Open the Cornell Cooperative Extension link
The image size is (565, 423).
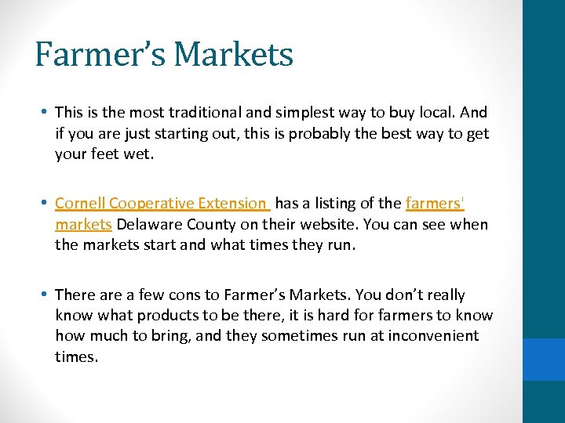click(161, 204)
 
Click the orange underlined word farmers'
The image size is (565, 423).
click(435, 204)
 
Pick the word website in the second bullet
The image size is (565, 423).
click(319, 224)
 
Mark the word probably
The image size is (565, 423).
click(323, 133)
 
